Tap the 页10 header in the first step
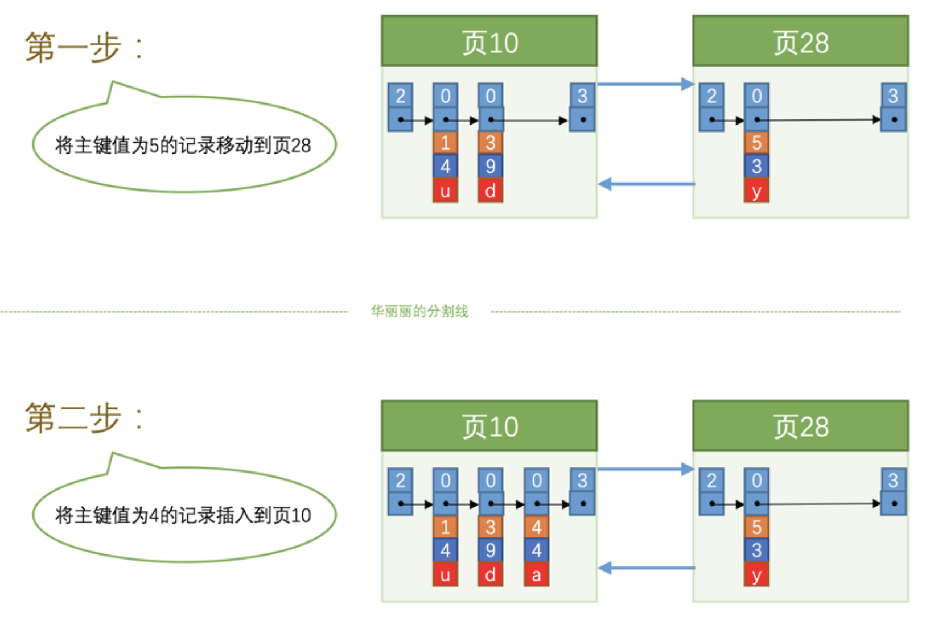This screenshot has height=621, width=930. click(489, 42)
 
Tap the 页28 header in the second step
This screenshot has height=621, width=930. click(800, 426)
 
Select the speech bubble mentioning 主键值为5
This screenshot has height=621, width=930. click(183, 145)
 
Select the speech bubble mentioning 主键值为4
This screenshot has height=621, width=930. click(183, 515)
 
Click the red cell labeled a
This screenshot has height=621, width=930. click(536, 574)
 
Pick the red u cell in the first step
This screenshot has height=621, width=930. click(445, 191)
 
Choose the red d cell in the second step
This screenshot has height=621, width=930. click(490, 574)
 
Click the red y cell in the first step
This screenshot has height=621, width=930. click(756, 191)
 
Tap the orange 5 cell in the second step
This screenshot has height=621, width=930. click(756, 527)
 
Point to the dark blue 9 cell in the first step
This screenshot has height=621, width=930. click(490, 166)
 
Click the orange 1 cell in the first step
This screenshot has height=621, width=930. click(445, 142)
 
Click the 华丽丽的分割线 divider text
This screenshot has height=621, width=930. click(419, 312)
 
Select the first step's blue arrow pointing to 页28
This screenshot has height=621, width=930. click(645, 85)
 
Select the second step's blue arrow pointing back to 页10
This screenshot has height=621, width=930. click(646, 568)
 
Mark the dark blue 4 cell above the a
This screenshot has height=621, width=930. click(536, 550)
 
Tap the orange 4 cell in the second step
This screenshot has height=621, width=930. click(536, 527)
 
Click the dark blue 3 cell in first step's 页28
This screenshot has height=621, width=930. click(756, 166)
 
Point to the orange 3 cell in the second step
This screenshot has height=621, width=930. click(490, 527)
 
